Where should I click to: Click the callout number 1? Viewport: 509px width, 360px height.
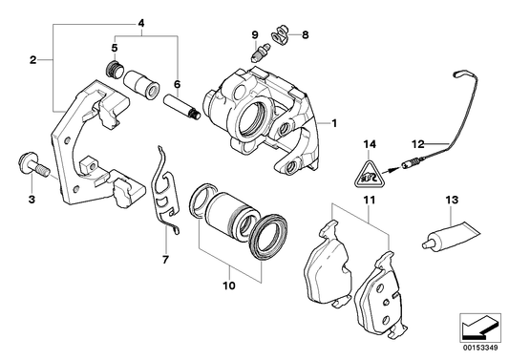(x=335, y=123)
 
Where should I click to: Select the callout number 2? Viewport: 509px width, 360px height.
(x=32, y=59)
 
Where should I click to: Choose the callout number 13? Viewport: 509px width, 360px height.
(x=453, y=201)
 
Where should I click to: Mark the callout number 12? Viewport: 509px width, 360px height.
(x=416, y=142)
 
